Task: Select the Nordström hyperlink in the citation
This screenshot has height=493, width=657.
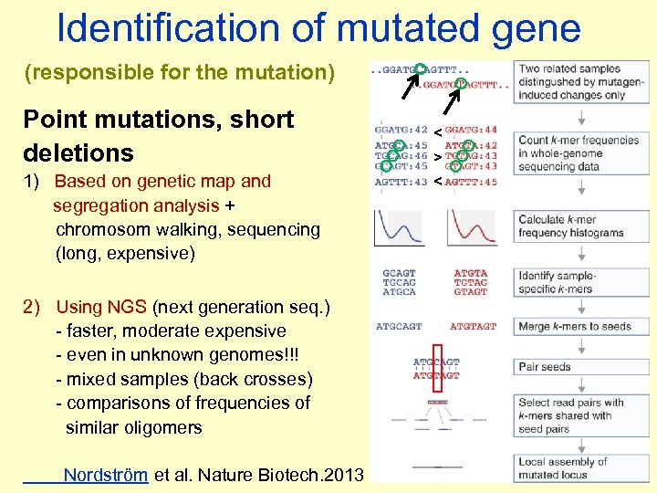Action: (105, 475)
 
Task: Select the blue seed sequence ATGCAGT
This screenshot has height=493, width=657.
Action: (399, 326)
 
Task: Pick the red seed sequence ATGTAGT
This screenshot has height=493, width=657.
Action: (473, 326)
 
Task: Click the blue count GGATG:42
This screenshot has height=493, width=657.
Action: (401, 130)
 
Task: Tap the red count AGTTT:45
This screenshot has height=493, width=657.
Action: (471, 182)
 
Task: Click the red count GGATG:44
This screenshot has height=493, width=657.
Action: (471, 130)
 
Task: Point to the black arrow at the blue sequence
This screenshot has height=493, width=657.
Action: (410, 85)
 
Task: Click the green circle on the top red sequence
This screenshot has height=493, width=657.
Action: (462, 84)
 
